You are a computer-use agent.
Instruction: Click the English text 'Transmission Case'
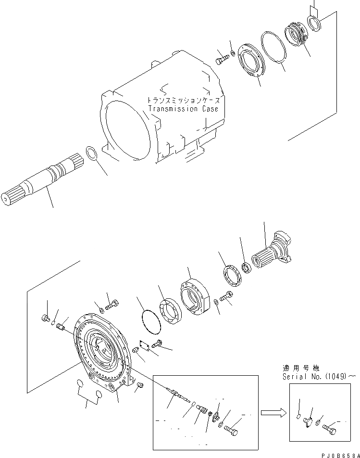(183, 109)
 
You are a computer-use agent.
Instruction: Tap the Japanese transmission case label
(184, 100)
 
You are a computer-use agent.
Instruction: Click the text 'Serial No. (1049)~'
(319, 377)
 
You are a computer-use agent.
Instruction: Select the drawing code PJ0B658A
(340, 455)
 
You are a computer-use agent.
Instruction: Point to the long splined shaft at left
(43, 178)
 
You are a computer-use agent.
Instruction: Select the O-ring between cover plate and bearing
(151, 321)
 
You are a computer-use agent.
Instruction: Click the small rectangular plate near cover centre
(145, 344)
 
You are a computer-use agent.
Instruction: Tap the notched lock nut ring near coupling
(233, 275)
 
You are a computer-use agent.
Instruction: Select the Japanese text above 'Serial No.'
(301, 368)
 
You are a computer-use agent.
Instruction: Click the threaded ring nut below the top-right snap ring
(296, 35)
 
